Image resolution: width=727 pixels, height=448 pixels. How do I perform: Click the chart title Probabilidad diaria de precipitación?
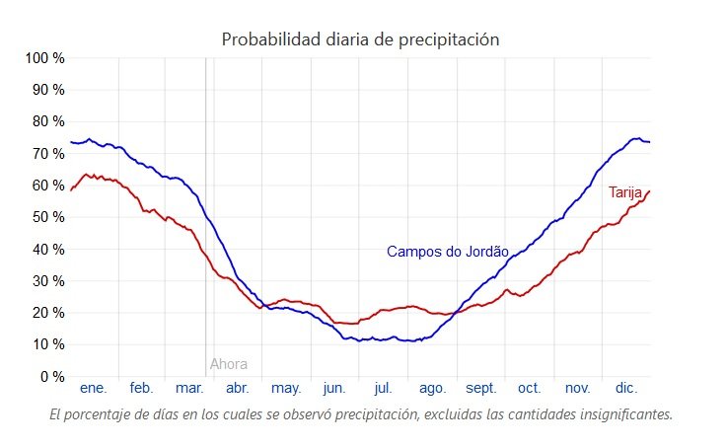tap(360, 39)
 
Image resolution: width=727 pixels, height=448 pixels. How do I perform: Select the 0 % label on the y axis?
tap(52, 377)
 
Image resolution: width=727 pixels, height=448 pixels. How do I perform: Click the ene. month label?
tap(93, 389)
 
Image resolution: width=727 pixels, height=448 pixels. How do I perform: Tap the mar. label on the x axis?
tap(189, 389)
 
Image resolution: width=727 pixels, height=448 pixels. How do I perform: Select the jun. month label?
tap(334, 389)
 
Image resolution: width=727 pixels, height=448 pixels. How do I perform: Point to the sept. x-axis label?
tap(481, 389)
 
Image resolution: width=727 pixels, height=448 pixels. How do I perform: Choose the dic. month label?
tap(626, 389)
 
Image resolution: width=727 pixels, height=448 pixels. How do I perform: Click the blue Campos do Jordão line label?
tap(447, 252)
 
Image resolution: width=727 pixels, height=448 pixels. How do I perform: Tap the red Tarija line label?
tap(625, 191)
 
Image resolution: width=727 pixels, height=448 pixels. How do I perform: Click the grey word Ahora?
tap(229, 364)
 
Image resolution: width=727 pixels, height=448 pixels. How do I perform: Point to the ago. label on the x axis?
tap(432, 389)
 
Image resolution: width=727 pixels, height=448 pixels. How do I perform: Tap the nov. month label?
tap(577, 389)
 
